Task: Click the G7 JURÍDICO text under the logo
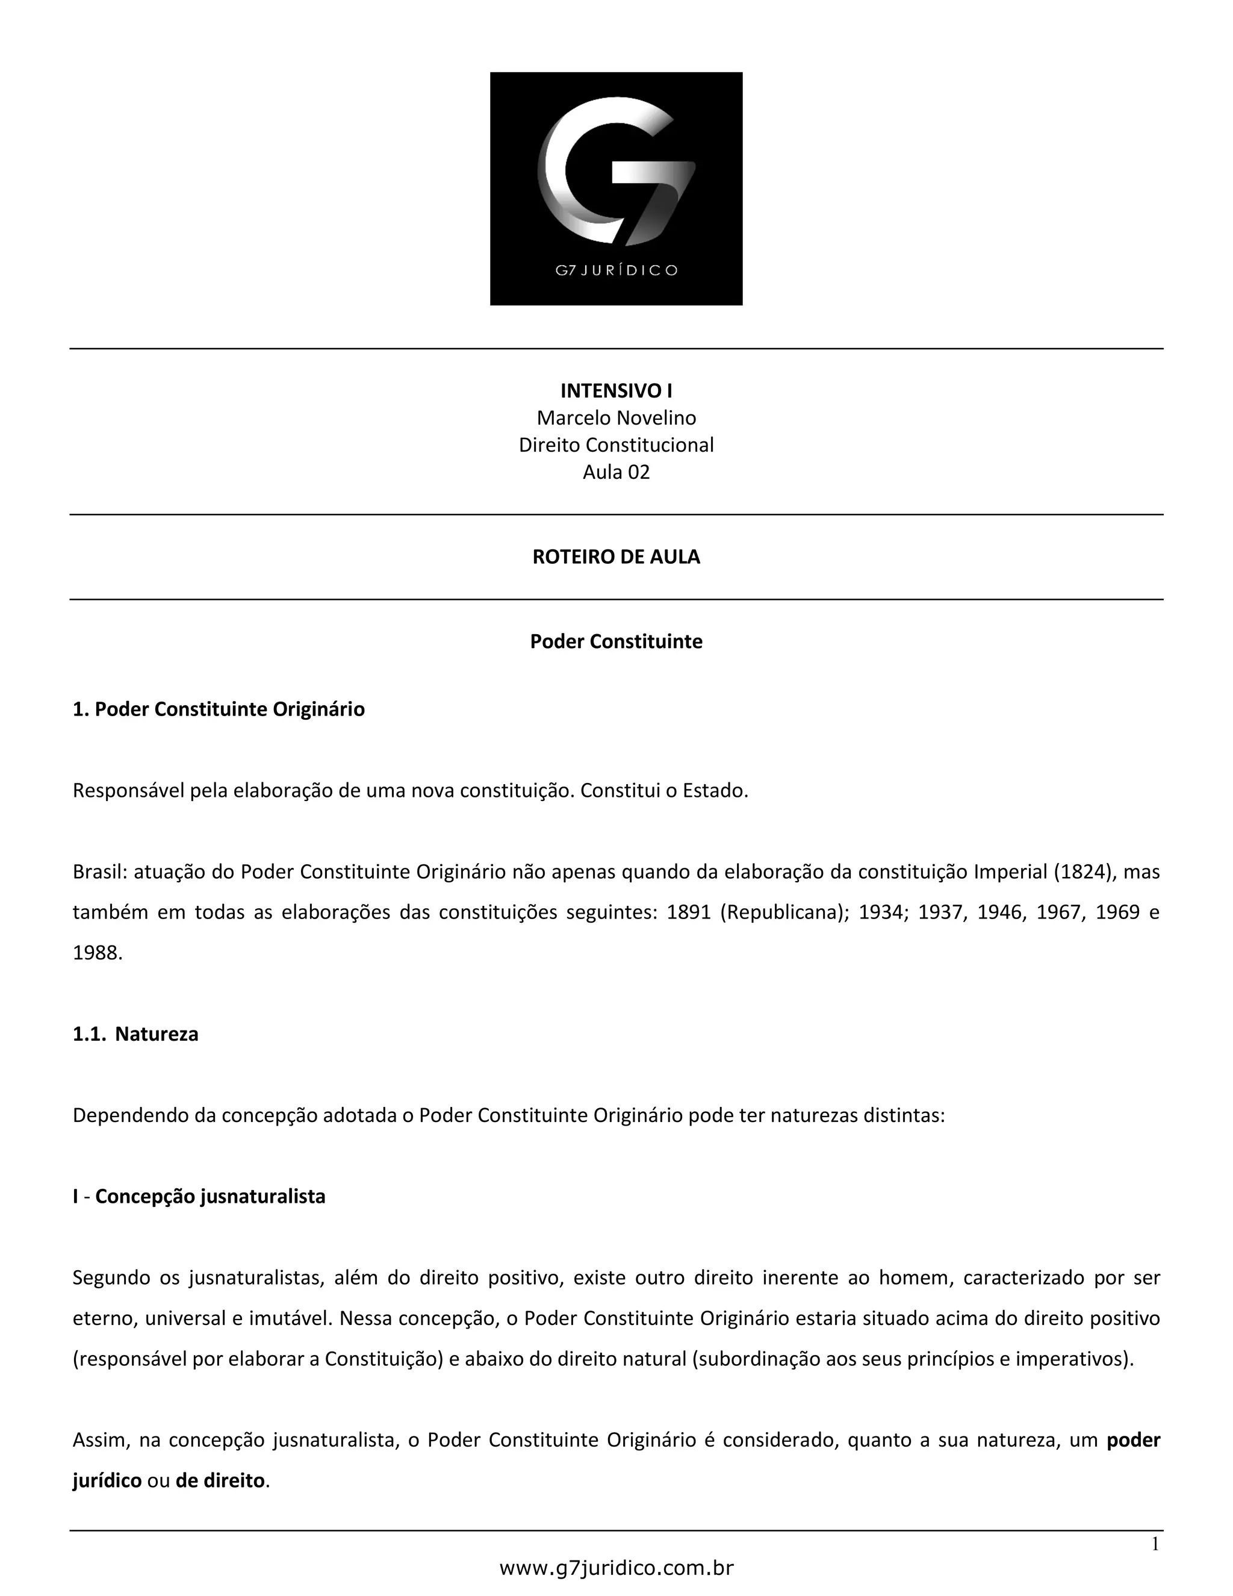(616, 270)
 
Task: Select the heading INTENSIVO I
(616, 391)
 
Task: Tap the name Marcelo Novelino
(616, 418)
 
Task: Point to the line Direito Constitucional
(616, 445)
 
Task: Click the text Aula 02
(616, 472)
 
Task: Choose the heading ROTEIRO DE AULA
(616, 557)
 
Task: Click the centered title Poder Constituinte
(616, 641)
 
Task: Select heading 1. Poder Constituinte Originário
(219, 709)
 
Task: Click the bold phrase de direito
(220, 1480)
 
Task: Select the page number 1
(1155, 1544)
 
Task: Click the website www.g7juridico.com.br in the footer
(616, 1568)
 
